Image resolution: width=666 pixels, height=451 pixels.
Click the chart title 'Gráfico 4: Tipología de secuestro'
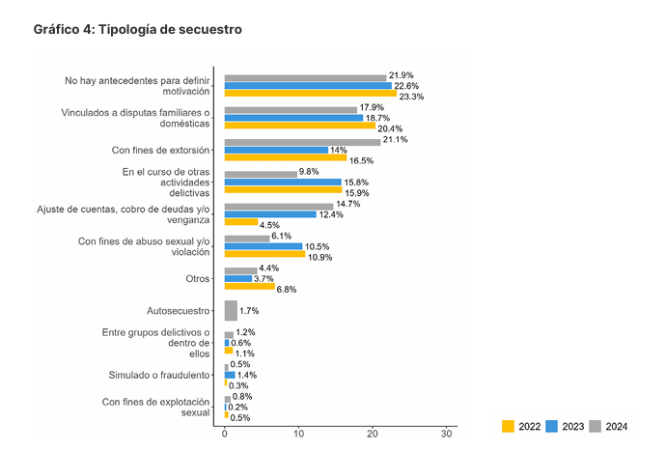pos(137,30)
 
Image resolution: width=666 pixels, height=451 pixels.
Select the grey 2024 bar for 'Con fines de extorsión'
pos(302,142)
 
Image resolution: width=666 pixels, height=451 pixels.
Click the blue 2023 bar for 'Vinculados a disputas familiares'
pos(293,118)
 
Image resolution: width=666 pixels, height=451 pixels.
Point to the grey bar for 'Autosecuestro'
pos(231,310)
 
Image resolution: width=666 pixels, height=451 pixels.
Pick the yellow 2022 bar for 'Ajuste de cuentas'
pos(240,221)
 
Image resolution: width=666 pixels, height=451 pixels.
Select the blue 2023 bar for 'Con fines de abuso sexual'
pos(264,246)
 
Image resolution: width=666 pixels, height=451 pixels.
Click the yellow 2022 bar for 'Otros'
pos(249,286)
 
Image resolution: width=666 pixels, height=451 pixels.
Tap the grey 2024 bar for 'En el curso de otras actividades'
pos(261,174)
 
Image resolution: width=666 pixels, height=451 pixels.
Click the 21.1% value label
pos(396,139)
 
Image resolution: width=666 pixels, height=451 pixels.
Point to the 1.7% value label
pos(249,311)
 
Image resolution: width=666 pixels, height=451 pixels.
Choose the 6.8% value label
pos(287,289)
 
